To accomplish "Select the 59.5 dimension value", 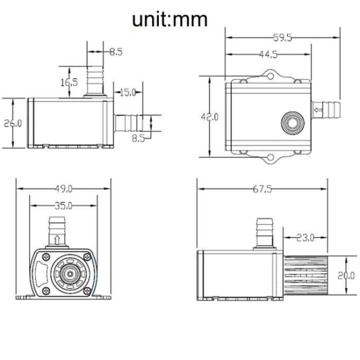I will point(283,37).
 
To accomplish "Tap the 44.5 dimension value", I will point(268,55).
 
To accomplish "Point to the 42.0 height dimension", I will point(209,117).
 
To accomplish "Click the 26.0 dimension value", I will point(13,123).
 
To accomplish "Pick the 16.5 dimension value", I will point(68,82).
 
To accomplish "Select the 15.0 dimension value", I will point(128,93).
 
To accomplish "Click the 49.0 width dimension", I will point(64,188).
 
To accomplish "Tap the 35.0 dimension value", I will point(64,206).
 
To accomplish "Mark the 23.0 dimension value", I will point(305,238).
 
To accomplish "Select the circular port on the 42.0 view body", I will point(291,122).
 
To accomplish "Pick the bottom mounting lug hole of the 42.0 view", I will point(270,157).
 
